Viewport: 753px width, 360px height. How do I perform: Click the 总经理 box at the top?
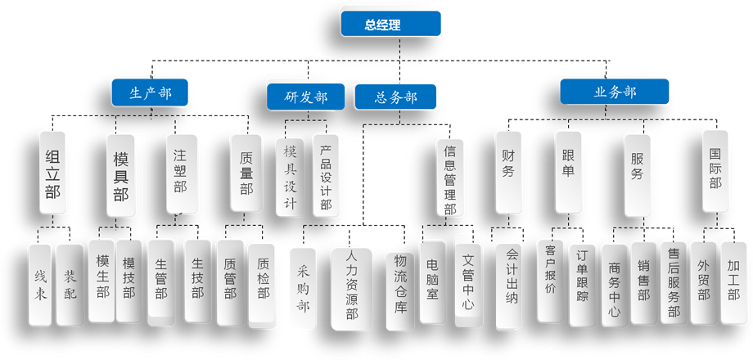point(390,25)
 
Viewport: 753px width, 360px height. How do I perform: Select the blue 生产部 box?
point(150,92)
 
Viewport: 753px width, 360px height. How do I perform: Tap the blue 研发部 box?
point(305,97)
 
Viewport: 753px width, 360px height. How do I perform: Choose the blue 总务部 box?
point(395,97)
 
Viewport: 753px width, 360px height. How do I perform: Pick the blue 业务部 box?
point(614,92)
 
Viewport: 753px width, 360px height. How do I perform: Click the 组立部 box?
point(52,173)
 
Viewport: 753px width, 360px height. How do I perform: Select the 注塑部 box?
point(180,173)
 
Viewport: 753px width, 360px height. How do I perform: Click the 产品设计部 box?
point(325,177)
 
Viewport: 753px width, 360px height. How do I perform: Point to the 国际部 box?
point(715,169)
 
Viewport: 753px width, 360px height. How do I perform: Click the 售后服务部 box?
point(673,282)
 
